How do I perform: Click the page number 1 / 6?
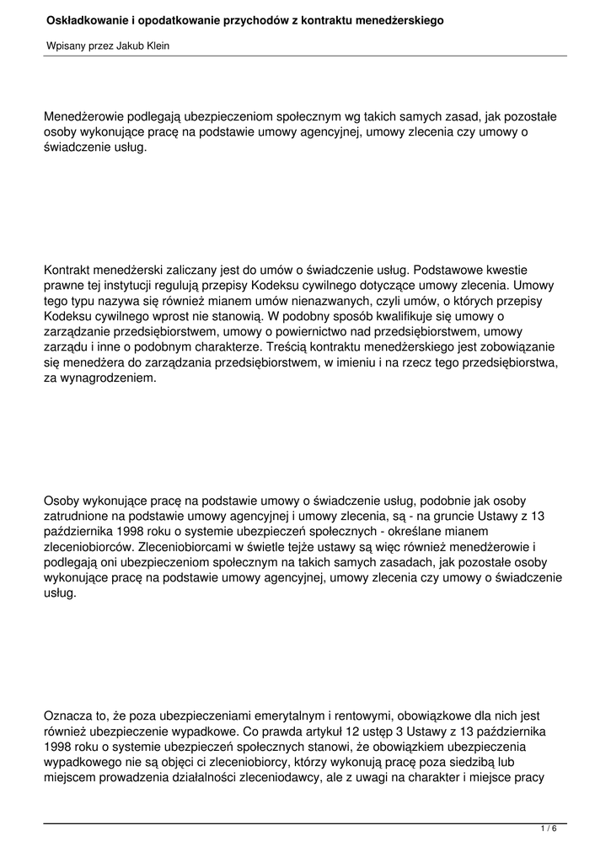(549, 829)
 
